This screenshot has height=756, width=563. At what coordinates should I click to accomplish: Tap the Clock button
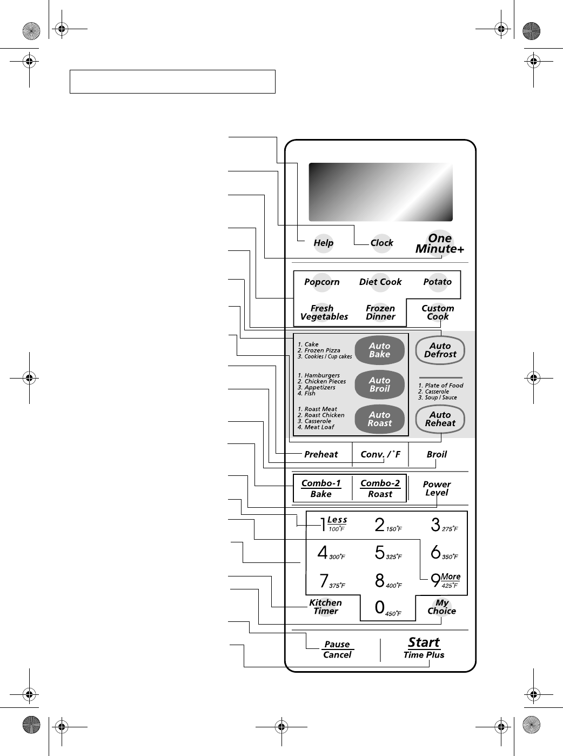point(381,243)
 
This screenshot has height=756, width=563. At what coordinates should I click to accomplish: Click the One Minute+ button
point(440,243)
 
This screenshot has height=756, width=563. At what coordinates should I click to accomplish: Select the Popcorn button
point(322,282)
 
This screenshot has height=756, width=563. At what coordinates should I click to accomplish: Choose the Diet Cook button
point(380,282)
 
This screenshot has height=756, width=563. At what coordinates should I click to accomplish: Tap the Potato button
point(437,282)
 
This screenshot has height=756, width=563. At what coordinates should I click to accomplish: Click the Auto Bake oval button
point(379,350)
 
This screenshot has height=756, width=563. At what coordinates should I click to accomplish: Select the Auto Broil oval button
point(379,384)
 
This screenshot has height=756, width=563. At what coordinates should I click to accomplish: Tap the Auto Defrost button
point(440,350)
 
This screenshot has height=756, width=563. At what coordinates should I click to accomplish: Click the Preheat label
point(321,454)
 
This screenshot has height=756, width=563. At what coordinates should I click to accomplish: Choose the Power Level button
point(437,488)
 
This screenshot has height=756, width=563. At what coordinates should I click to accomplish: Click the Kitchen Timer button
point(325,607)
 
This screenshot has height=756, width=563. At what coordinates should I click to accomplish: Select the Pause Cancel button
point(337,649)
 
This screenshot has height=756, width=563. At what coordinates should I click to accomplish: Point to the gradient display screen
point(380,191)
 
